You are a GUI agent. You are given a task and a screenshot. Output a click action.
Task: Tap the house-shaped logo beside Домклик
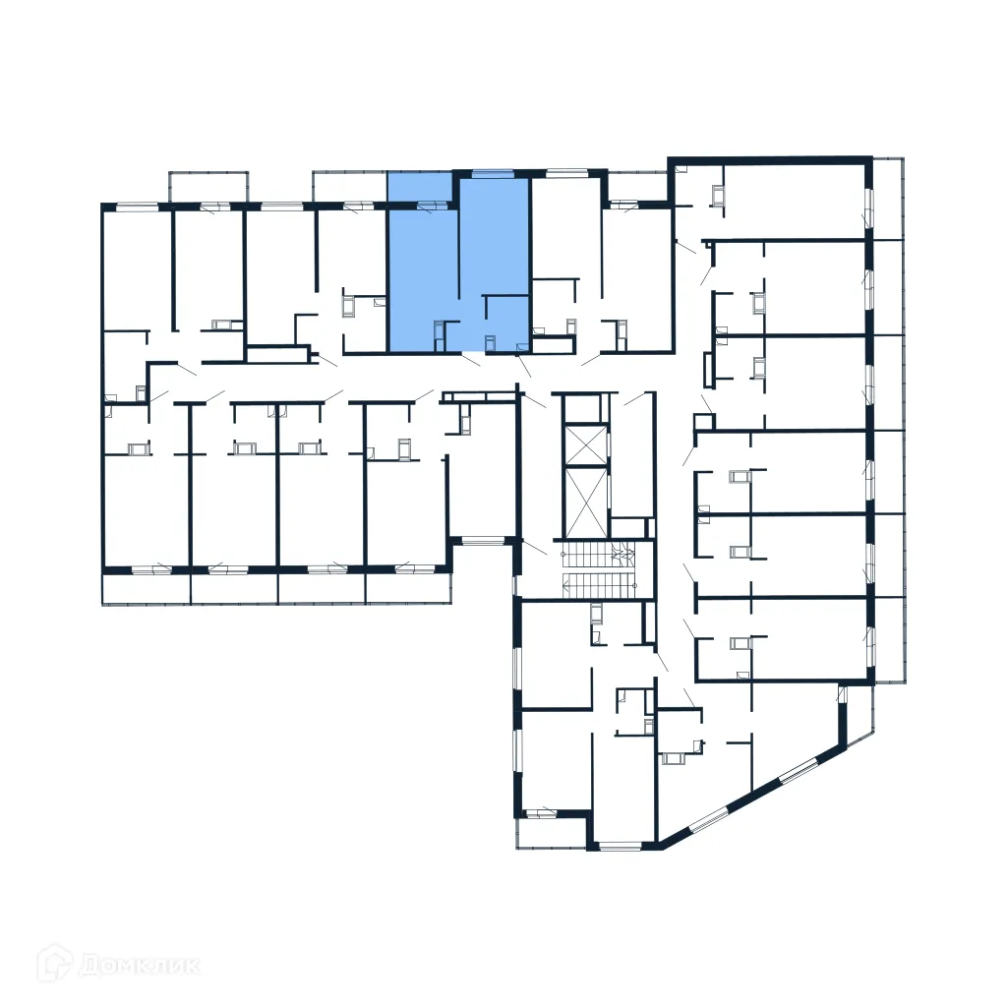point(56,964)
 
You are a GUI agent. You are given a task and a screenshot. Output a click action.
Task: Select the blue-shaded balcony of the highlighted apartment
point(420,188)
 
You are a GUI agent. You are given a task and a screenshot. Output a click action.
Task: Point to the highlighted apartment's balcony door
point(429,206)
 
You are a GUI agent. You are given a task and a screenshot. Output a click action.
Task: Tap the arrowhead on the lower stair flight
point(567,586)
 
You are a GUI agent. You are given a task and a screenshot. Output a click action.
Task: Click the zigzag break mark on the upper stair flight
point(622,554)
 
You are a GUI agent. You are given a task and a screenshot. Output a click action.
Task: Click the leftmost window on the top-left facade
point(138,207)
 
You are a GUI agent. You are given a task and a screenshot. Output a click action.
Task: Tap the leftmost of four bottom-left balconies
point(146,588)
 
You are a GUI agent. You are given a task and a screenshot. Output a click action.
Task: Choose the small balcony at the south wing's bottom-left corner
point(551,832)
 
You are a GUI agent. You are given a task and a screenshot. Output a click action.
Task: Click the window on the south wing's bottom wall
point(621,845)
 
